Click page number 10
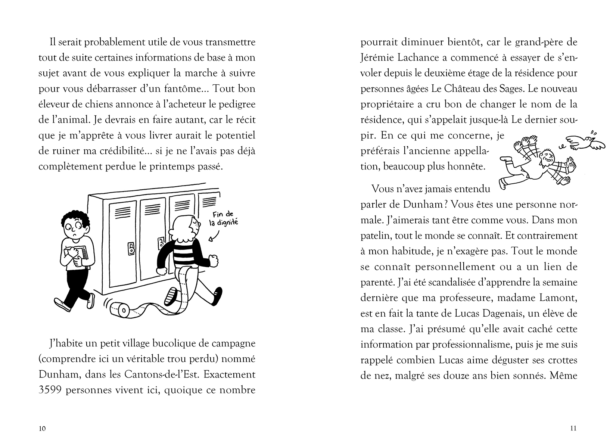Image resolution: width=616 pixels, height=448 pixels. [x=42, y=429]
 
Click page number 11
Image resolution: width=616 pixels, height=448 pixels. [x=573, y=429]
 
